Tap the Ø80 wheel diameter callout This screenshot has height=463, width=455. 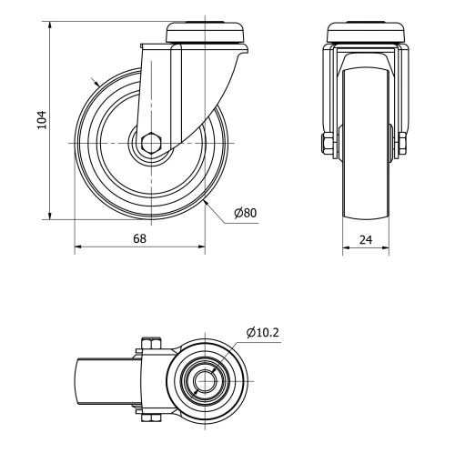(245, 213)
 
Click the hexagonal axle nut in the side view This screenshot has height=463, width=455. (151, 144)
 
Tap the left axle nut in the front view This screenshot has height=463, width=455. (326, 144)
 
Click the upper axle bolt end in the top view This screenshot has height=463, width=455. (151, 345)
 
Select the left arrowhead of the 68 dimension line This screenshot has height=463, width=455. (78, 247)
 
